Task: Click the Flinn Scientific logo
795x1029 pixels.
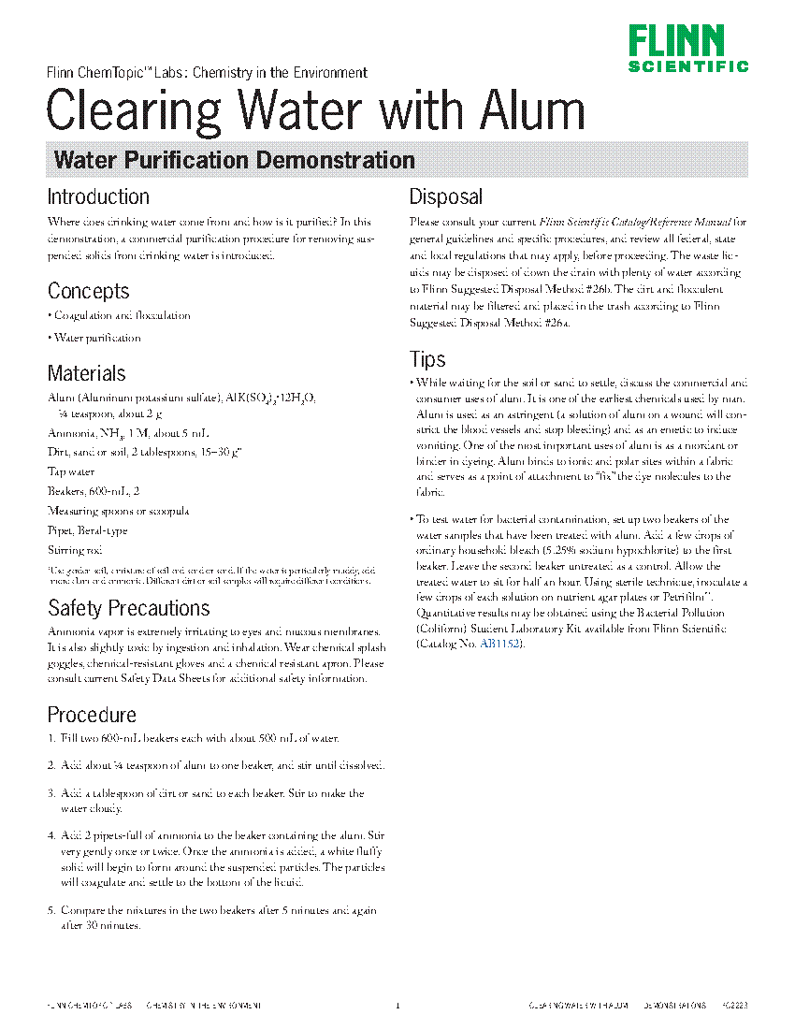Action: [x=687, y=50]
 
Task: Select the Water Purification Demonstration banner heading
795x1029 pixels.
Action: [x=235, y=160]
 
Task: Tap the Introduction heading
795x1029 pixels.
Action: [x=98, y=197]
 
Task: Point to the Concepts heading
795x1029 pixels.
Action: [x=89, y=291]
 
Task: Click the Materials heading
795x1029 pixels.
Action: [x=86, y=373]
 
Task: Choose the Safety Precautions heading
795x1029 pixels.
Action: [x=128, y=609]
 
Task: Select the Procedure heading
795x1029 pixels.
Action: [x=92, y=715]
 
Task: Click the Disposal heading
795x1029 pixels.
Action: [x=446, y=197]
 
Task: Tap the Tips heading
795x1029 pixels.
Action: [x=427, y=359]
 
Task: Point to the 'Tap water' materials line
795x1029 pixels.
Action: [x=71, y=472]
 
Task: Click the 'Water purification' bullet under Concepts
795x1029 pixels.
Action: [x=96, y=338]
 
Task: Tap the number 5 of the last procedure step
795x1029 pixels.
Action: [x=51, y=910]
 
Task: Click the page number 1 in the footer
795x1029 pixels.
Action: [x=397, y=1006]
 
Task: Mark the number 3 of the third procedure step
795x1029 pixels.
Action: [x=51, y=794]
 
